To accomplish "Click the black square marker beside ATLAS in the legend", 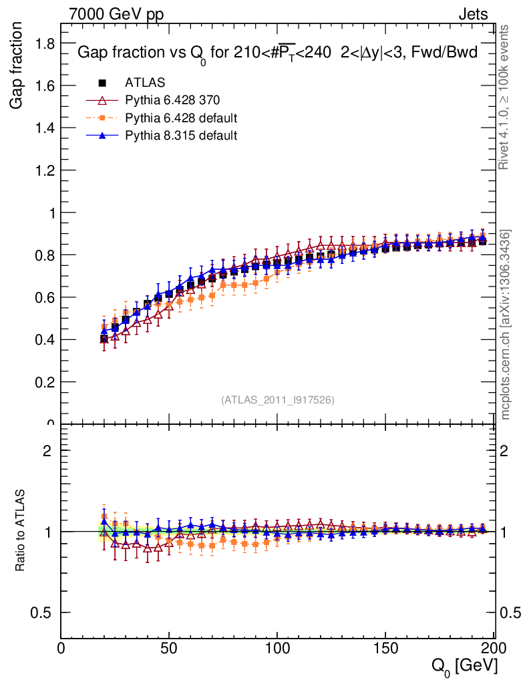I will coord(103,83).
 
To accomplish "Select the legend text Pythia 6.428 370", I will coord(172,101).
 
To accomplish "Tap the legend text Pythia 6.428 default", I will coord(181,118).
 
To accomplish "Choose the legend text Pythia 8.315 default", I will coord(181,136).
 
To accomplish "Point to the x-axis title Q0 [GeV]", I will coord(464,665).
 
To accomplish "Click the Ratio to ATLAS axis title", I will coord(21,532).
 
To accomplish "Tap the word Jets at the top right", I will coord(472,14).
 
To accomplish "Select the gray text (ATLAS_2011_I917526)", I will coord(278,399).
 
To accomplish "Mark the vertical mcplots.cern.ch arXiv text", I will coord(506,325).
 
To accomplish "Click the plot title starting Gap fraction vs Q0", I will coord(277,53).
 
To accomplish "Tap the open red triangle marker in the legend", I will coord(103,101).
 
